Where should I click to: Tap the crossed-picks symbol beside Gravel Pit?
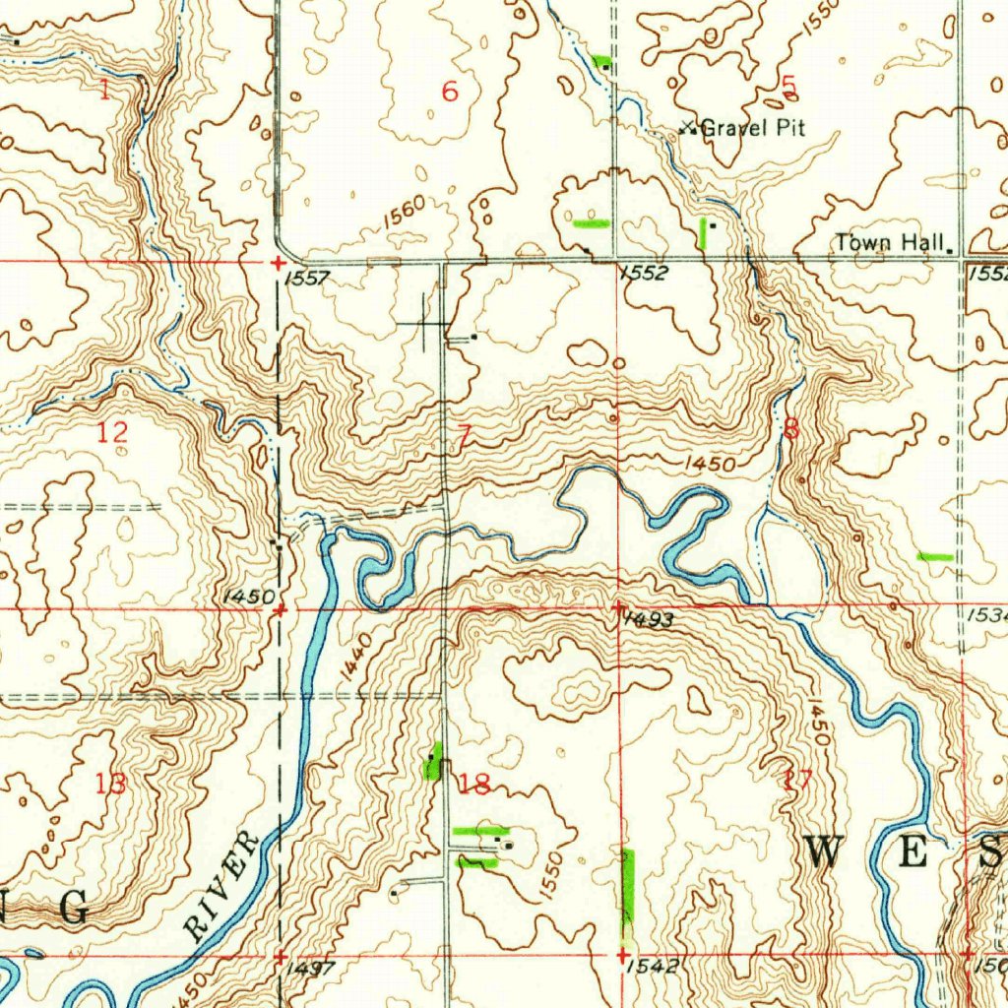(689, 127)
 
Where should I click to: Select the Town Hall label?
(891, 242)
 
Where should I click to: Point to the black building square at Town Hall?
(950, 251)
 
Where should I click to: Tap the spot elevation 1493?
(649, 619)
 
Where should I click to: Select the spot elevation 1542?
(652, 967)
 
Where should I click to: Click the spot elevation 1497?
(313, 969)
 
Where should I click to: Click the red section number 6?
(450, 93)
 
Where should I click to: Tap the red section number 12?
(113, 431)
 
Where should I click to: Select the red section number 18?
(475, 784)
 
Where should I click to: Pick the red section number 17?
(797, 781)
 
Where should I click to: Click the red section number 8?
(792, 429)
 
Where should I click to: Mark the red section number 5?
(787, 87)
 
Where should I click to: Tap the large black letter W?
(823, 851)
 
